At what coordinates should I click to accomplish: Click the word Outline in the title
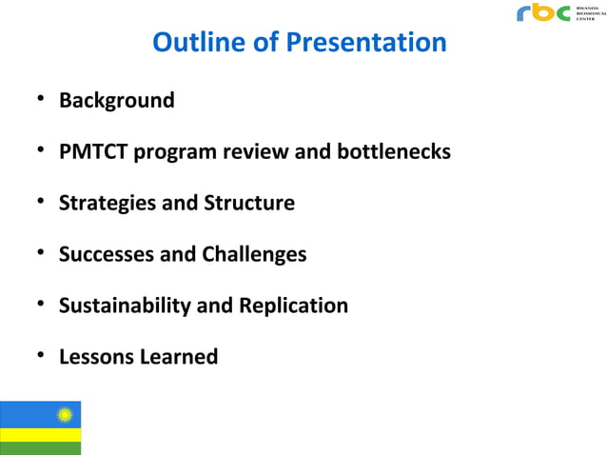pos(194,44)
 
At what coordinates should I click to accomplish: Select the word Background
pos(117,100)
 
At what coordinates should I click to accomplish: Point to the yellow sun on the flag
pos(66,415)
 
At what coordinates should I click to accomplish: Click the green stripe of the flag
pos(41,448)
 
